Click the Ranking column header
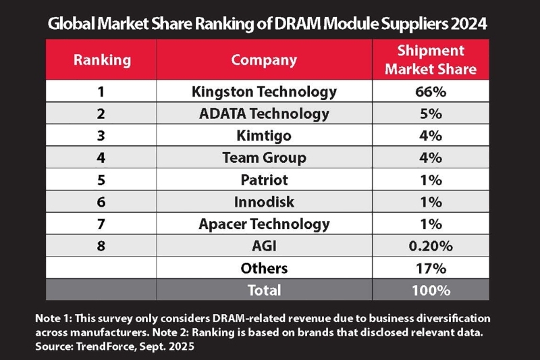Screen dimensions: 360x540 101,59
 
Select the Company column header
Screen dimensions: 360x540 264,59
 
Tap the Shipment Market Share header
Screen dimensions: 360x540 432,59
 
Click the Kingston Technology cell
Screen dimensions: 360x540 264,92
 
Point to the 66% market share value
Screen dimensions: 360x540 432,92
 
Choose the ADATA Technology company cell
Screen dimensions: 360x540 264,113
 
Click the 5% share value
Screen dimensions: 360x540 432,113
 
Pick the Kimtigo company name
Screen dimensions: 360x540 264,136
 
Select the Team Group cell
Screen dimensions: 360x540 264,157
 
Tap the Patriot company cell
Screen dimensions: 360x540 264,180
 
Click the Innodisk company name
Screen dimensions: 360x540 264,201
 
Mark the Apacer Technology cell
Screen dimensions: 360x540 264,224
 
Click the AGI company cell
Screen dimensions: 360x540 264,246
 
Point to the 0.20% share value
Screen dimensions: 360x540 432,246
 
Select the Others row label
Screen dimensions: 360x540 264,268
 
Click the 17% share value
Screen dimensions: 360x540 432,268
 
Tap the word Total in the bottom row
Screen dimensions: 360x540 264,290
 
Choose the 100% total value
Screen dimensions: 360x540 432,290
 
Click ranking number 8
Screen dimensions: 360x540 101,246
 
